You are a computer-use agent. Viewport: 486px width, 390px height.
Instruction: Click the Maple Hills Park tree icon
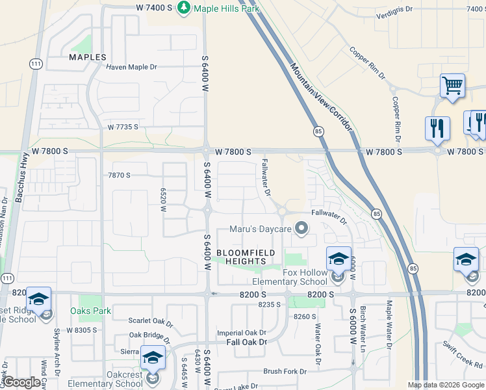[185, 8]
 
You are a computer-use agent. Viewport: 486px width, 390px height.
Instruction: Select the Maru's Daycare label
[259, 229]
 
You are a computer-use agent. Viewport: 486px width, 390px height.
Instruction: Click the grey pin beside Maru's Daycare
[301, 228]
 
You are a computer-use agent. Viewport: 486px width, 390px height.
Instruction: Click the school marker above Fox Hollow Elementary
[339, 259]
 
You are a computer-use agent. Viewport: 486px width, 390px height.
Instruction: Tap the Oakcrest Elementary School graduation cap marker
[153, 358]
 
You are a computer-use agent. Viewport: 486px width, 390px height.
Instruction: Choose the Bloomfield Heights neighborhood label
[246, 256]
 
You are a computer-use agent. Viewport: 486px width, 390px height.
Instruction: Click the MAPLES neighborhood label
[88, 57]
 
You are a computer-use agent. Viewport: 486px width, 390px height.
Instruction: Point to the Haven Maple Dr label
[132, 67]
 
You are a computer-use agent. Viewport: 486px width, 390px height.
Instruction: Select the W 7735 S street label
[123, 127]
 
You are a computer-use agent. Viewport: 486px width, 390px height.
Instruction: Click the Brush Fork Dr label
[285, 371]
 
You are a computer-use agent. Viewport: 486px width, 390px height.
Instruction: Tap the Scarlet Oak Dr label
[150, 322]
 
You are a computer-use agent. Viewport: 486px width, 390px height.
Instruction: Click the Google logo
[21, 382]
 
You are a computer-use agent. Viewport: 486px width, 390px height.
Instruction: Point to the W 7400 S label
[155, 7]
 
